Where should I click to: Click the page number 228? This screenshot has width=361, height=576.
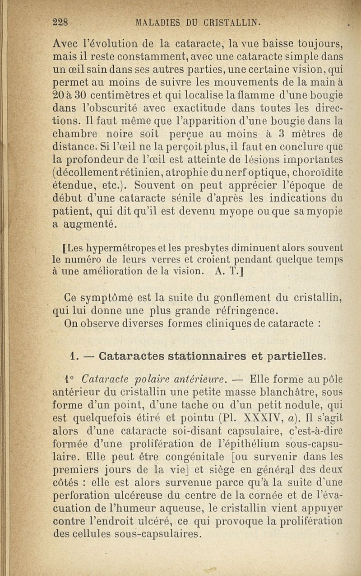[x=60, y=23]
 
